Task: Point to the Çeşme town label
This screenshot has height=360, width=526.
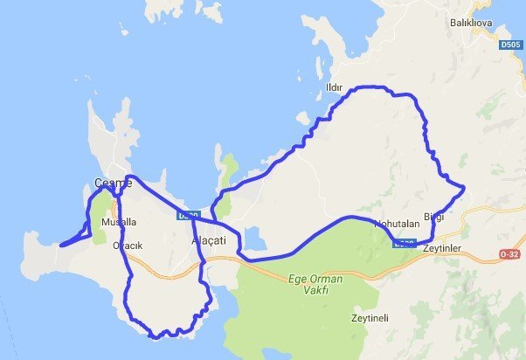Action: click(113, 183)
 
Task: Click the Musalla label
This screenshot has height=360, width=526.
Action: click(119, 222)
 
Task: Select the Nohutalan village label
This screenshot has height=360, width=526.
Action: click(398, 225)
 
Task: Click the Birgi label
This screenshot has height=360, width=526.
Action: click(434, 217)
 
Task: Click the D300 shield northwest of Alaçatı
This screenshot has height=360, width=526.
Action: click(188, 214)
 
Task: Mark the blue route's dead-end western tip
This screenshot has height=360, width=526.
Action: click(60, 246)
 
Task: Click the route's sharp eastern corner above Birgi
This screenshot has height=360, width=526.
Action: click(463, 188)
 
